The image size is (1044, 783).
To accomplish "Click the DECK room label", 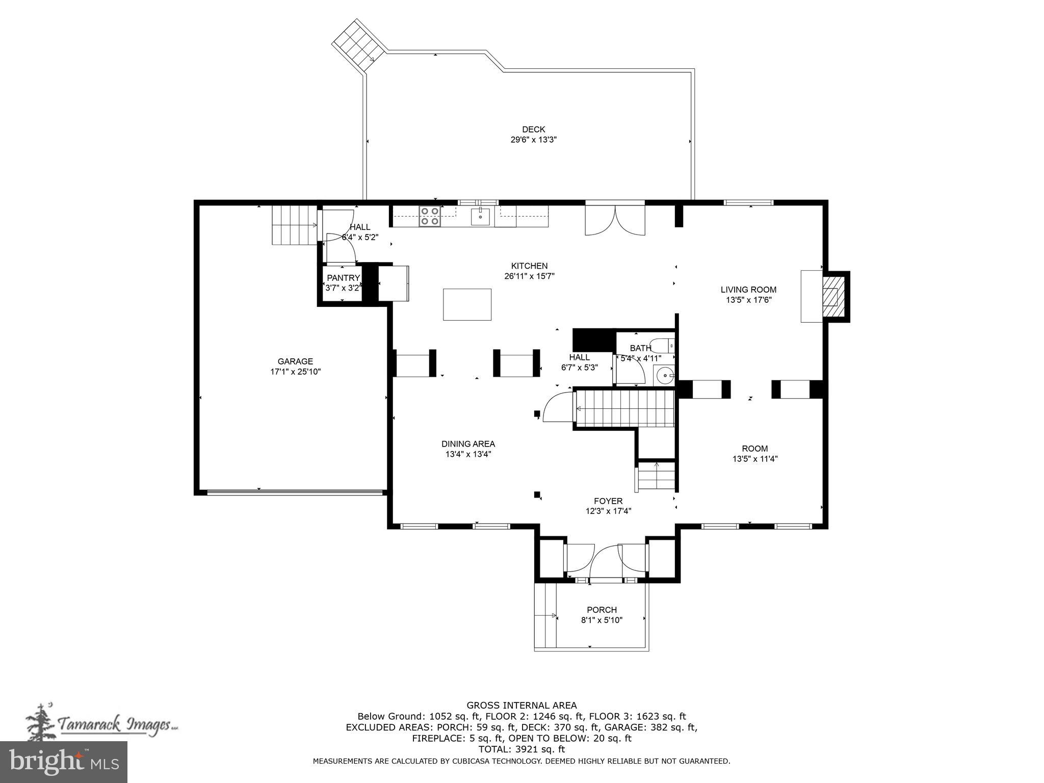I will (x=533, y=129).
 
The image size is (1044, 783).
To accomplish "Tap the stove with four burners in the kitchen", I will (x=430, y=216).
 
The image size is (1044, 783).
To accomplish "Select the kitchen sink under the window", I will (x=480, y=217).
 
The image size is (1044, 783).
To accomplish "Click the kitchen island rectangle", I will (x=467, y=304).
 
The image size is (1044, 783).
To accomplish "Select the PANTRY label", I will (x=343, y=278).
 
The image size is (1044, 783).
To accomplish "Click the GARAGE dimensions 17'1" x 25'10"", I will (x=295, y=372).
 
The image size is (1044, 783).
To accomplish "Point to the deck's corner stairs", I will (x=358, y=46).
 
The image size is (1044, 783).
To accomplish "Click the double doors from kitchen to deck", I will (x=615, y=220).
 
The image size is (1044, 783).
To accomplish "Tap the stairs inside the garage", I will (x=294, y=225).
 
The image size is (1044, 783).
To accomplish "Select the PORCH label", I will (x=602, y=610).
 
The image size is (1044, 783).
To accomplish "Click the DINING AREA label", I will (x=468, y=444).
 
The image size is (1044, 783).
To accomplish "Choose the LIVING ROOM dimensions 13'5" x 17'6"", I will (x=748, y=300).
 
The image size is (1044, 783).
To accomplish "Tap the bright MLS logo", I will (x=64, y=762).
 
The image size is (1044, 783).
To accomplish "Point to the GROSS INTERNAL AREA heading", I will (x=521, y=706).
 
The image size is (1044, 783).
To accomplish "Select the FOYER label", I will (x=608, y=501).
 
